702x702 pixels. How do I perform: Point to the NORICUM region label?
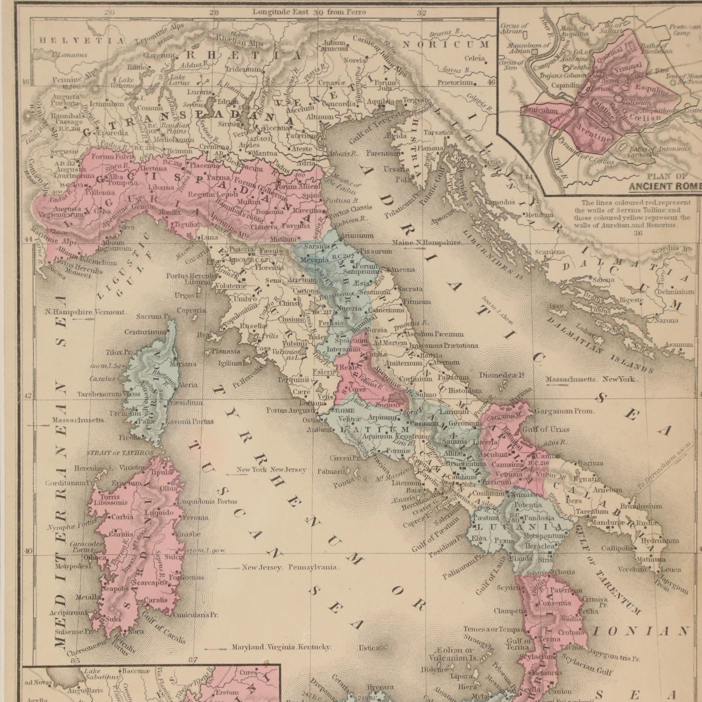point(445,45)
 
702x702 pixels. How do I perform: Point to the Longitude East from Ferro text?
point(309,12)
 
